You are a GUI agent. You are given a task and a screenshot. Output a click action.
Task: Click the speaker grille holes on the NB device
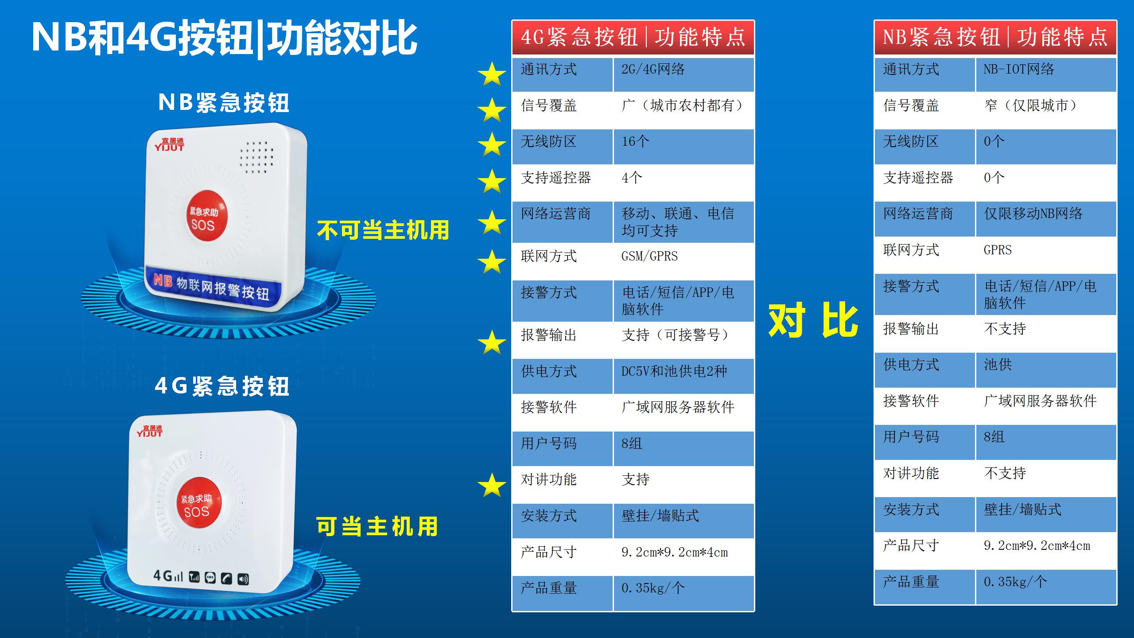[x=256, y=157]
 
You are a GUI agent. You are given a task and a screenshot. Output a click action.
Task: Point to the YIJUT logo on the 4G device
[x=149, y=431]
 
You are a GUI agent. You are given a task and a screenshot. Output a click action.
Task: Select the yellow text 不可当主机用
[x=383, y=230]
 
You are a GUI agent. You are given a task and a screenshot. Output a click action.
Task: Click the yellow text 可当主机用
[x=377, y=526]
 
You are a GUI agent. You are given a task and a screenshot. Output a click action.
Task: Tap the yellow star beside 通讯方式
[x=492, y=74]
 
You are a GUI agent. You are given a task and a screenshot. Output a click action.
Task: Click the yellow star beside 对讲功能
[x=492, y=485]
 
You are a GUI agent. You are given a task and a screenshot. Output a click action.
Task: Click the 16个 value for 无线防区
[x=635, y=141]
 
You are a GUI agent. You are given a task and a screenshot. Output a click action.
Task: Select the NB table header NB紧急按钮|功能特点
[x=995, y=37]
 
